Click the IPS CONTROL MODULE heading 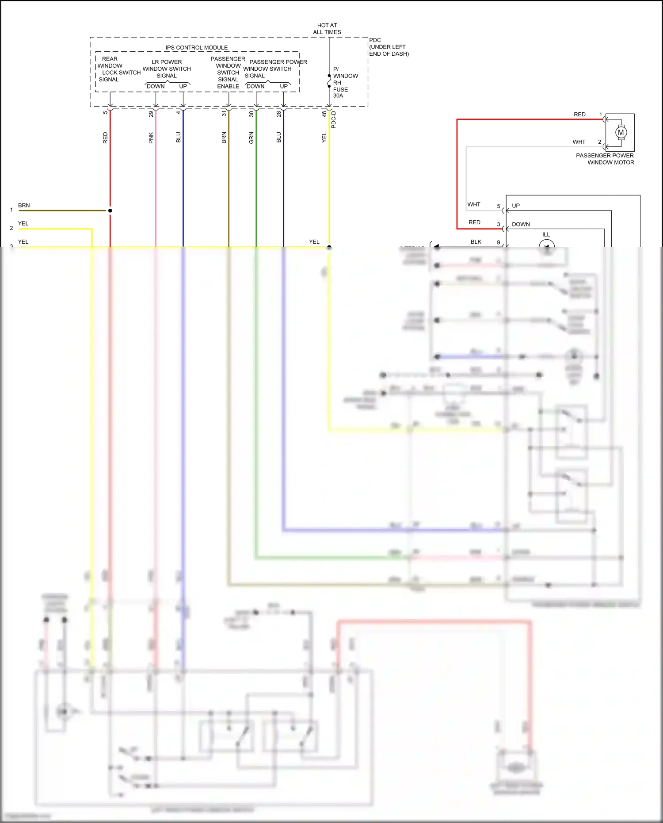197,48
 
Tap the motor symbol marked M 621,132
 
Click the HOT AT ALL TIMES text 327,29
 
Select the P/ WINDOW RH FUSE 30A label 345,83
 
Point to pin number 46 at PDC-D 324,114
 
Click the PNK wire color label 151,138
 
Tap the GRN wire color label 251,138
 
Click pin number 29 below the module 151,114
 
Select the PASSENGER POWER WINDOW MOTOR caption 605,159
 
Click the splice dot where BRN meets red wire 110,211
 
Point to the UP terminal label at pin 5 516,206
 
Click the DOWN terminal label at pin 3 521,224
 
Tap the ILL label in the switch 546,235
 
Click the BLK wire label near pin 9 476,242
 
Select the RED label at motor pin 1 579,115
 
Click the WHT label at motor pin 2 579,142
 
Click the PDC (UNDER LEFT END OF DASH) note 389,47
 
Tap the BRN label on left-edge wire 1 24,206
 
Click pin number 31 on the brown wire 224,114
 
